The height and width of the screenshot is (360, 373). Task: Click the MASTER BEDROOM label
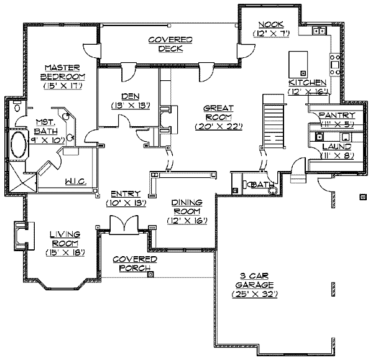pyautogui.click(x=63, y=72)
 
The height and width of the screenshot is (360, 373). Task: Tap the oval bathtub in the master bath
pyautogui.click(x=19, y=145)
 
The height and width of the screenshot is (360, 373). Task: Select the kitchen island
pyautogui.click(x=298, y=65)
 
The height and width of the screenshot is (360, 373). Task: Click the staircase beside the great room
pyautogui.click(x=274, y=121)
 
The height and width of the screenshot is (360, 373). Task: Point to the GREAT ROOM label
pyautogui.click(x=218, y=113)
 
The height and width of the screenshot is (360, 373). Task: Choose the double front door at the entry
pyautogui.click(x=124, y=225)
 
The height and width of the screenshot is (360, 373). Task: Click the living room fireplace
pyautogui.click(x=24, y=236)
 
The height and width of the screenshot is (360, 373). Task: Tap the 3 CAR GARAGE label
pyautogui.click(x=254, y=280)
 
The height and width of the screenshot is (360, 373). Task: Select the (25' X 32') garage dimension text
pyautogui.click(x=254, y=294)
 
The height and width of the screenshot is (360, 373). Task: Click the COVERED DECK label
pyautogui.click(x=170, y=44)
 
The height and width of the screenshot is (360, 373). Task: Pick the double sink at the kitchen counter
pyautogui.click(x=320, y=30)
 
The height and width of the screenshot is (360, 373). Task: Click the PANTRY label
pyautogui.click(x=336, y=115)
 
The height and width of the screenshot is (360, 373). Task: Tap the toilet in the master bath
pyautogui.click(x=17, y=107)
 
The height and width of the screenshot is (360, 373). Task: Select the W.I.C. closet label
pyautogui.click(x=76, y=182)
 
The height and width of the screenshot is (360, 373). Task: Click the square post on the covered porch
pyautogui.click(x=150, y=274)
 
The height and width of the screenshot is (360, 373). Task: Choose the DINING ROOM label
pyautogui.click(x=187, y=207)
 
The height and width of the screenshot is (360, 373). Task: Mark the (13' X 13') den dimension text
pyautogui.click(x=131, y=106)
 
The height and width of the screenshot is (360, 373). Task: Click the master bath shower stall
pyautogui.click(x=22, y=177)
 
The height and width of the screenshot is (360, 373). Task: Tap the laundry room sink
pyautogui.click(x=319, y=136)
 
